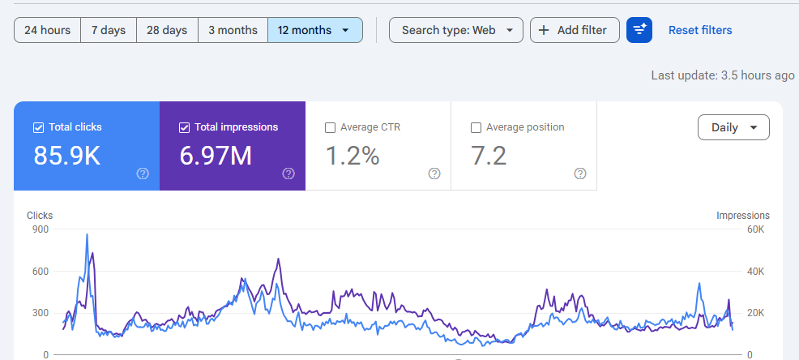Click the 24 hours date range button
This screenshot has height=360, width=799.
[47, 30]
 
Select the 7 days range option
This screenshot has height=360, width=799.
[109, 30]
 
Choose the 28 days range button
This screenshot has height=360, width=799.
[167, 30]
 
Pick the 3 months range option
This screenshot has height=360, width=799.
[233, 30]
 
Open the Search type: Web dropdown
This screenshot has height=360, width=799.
[456, 30]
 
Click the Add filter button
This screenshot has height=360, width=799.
[575, 30]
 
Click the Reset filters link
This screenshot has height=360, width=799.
[700, 30]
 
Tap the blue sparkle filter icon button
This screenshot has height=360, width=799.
[639, 30]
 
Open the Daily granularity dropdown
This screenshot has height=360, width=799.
[734, 127]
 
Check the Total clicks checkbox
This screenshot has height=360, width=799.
[38, 127]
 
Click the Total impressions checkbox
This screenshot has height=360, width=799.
[184, 127]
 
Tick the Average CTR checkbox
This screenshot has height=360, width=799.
[330, 127]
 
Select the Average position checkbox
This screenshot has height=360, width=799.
[476, 127]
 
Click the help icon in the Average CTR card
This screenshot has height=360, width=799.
[434, 174]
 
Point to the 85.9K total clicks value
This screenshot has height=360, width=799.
[66, 156]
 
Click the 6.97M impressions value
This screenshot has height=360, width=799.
[216, 156]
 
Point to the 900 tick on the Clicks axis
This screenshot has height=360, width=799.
[41, 229]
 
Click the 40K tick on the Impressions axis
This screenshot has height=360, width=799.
[756, 272]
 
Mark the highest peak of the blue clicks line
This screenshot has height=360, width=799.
[88, 234]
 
